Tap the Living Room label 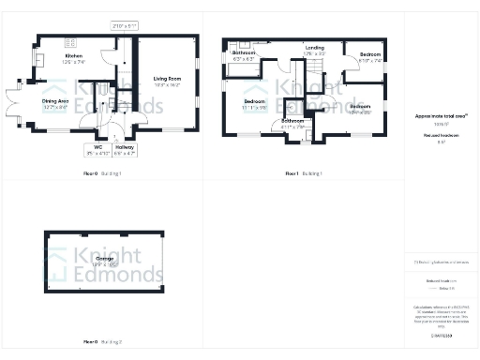click(168, 82)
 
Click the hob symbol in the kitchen click(69, 42)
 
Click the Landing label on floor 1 click(314, 50)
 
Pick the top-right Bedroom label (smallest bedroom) click(370, 58)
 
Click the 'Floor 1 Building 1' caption click(303, 173)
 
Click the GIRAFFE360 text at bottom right click(441, 335)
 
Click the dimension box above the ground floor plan click(124, 25)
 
